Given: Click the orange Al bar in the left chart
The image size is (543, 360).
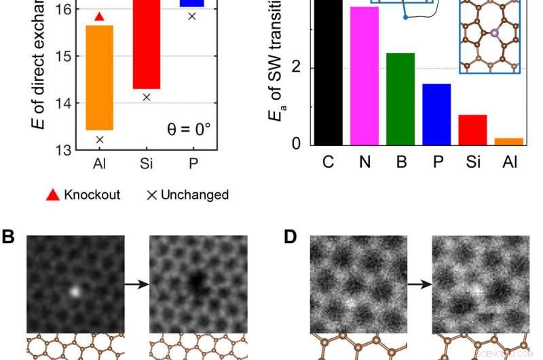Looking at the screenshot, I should [99, 77].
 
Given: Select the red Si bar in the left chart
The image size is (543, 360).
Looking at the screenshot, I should [146, 48].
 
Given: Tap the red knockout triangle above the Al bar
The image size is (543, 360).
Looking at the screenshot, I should [99, 16].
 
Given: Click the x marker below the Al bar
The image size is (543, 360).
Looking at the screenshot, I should [99, 139].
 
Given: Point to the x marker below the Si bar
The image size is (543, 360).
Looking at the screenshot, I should [146, 97].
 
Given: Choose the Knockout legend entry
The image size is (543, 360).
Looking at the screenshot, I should [84, 195].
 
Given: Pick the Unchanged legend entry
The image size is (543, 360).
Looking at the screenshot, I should [188, 195].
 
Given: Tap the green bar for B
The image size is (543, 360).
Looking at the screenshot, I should [400, 98].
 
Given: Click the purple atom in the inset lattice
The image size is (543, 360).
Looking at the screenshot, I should [494, 33].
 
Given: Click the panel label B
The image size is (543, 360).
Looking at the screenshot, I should [9, 237].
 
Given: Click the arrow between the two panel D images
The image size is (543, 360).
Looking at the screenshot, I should [419, 285].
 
